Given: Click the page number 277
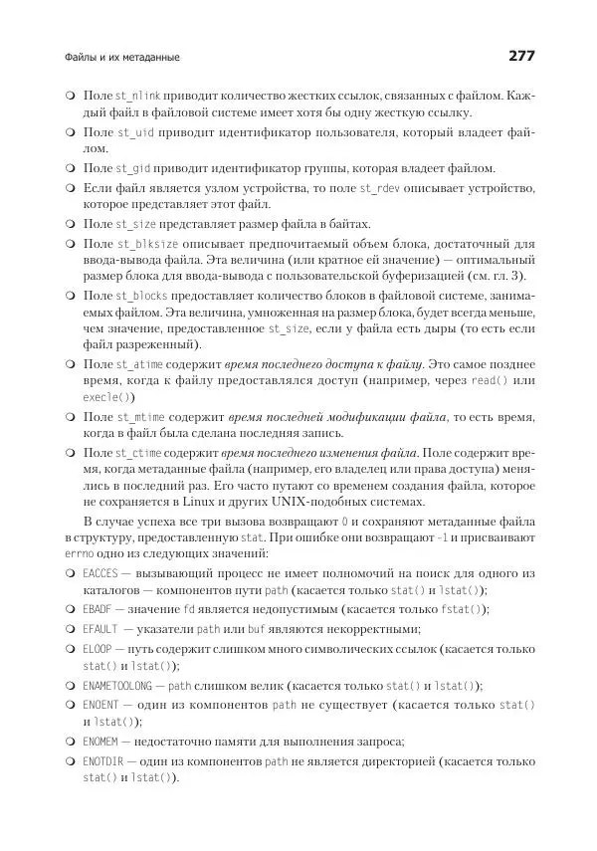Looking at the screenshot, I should pos(521,57).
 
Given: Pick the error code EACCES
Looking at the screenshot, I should pos(100,574).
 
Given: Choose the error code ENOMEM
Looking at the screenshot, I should pos(100,740).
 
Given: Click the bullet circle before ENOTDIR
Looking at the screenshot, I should pos(70,761).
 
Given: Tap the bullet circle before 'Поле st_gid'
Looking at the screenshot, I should pos(70,169).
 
